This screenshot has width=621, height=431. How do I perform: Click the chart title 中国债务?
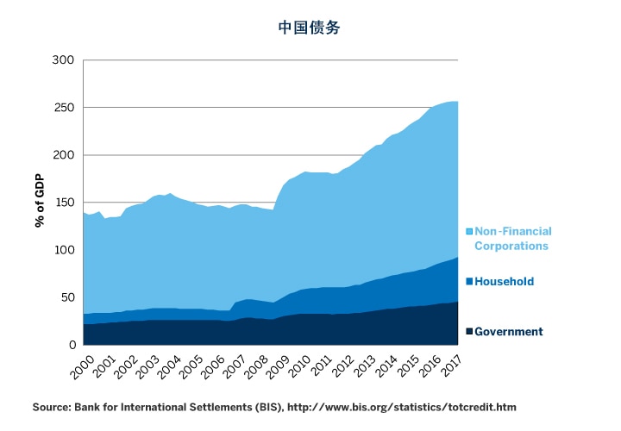(309, 27)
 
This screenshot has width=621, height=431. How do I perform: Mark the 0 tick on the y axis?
(72, 345)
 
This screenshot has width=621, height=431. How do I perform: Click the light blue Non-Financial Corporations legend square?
(469, 231)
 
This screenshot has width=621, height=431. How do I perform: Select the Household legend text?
(505, 281)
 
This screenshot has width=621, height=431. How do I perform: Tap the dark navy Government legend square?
(469, 332)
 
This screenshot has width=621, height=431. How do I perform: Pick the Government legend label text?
(509, 332)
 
